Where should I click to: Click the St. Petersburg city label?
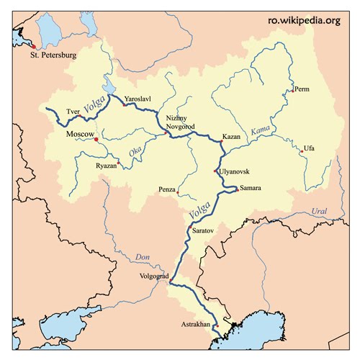coord(53,55)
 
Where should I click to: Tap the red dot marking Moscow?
coord(96,139)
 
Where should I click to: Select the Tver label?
coord(73,112)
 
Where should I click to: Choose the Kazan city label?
coord(231,136)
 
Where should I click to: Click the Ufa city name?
coord(310,148)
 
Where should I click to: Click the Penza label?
coord(168,190)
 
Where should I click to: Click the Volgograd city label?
coord(153,276)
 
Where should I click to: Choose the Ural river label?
coord(320,211)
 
